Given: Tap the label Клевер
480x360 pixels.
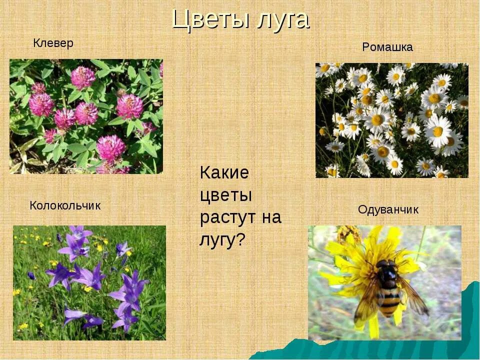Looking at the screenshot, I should pyautogui.click(x=53, y=43).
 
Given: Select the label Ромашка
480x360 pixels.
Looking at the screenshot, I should pyautogui.click(x=387, y=47).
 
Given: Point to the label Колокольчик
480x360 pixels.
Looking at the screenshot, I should pyautogui.click(x=65, y=205).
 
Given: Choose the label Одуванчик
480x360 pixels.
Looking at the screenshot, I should pyautogui.click(x=388, y=210).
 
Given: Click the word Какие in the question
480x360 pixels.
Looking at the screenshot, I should pyautogui.click(x=224, y=173).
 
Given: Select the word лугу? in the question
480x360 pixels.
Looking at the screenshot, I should pyautogui.click(x=222, y=240).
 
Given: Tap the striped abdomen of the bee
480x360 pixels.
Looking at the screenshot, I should pyautogui.click(x=388, y=301).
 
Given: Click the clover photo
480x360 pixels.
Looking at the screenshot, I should pyautogui.click(x=86, y=116).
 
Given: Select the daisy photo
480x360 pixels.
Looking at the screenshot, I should pyautogui.click(x=391, y=120).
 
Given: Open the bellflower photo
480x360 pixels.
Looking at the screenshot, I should pyautogui.click(x=89, y=282).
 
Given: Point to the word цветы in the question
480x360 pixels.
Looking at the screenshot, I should pyautogui.click(x=226, y=195).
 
